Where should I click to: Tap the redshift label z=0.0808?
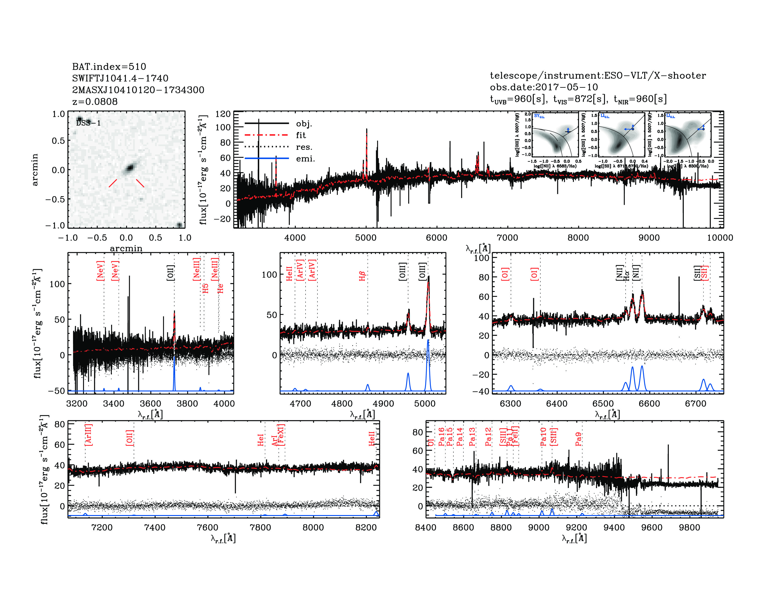95,102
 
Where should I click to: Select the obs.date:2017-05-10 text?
544,87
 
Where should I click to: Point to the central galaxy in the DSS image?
130,168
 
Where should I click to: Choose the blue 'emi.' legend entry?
305,158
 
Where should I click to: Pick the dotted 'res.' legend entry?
304,147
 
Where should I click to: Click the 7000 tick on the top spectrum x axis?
507,238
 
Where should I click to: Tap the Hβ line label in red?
362,276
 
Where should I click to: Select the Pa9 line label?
578,439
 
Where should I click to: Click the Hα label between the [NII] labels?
626,276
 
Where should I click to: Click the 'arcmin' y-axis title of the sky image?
35,170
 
